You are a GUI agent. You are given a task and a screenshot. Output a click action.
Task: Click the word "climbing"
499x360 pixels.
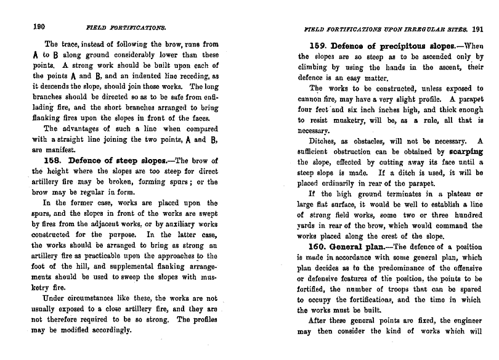click(x=316, y=67)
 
